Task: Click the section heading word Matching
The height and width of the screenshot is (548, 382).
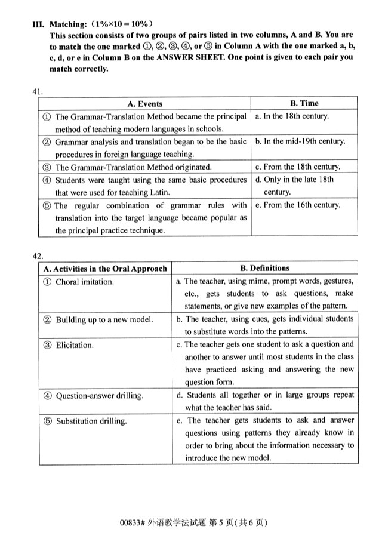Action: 67,24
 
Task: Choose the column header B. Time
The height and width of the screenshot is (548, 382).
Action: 304,104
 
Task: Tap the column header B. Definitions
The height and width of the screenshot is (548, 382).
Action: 264,269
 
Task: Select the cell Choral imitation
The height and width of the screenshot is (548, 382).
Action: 84,282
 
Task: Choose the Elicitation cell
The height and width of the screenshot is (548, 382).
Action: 76,345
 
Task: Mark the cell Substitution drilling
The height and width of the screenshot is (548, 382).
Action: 91,421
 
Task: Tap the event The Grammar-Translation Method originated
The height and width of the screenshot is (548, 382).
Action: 133,167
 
